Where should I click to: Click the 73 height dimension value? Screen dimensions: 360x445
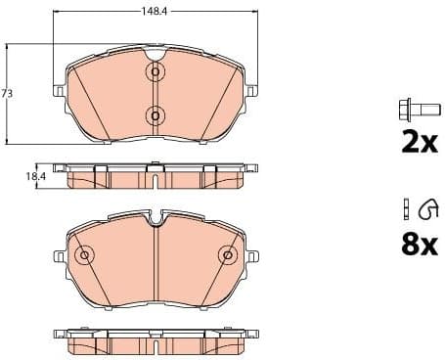coord(8,93)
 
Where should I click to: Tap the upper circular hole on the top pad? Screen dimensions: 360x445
coord(155,73)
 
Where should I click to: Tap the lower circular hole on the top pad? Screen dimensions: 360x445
coord(155,115)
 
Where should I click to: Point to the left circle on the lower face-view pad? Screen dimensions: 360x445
coord(84,256)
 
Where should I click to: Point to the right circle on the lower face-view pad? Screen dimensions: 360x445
coord(226,256)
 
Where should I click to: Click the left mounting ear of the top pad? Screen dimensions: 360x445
coord(60,93)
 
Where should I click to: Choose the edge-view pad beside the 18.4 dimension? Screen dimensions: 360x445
coord(155,176)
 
